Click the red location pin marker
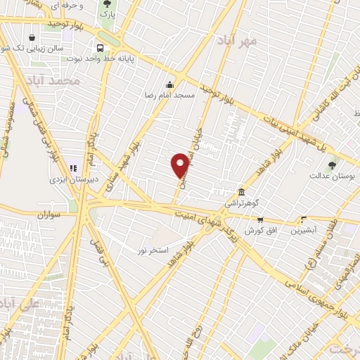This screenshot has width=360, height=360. click(181, 165)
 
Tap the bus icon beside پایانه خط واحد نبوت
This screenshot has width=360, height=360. click(101, 48)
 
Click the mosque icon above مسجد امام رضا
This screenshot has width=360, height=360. click(169, 84)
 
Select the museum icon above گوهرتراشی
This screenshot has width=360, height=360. click(241, 192)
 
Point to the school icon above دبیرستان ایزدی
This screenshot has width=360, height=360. click(73, 169)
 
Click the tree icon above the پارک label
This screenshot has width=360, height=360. click(107, 4)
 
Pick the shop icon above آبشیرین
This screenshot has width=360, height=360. click(304, 219)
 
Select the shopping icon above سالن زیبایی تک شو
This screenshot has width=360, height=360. click(32, 37)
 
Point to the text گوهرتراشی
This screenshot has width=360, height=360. click(242, 202)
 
